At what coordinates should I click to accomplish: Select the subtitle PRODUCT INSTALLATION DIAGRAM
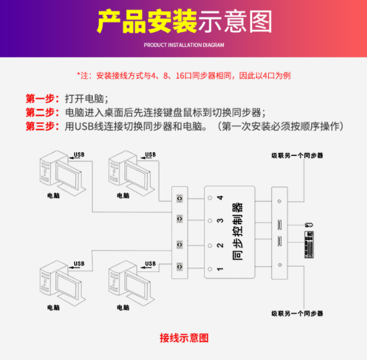pyautogui.click(x=184, y=45)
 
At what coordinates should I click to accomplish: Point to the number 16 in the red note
pyautogui.click(x=179, y=76)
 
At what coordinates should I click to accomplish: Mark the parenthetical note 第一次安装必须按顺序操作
pyautogui.click(x=280, y=126)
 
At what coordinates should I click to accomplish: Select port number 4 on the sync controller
pyautogui.click(x=219, y=198)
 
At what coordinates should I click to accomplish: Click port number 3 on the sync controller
pyautogui.click(x=219, y=221)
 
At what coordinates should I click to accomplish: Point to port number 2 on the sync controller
pyautogui.click(x=219, y=245)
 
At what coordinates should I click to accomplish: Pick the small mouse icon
pyautogui.click(x=309, y=224)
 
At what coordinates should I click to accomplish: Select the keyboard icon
pyautogui.click(x=309, y=245)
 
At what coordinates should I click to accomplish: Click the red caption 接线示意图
pyautogui.click(x=184, y=337)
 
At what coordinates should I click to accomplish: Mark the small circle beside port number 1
pyautogui.click(x=209, y=270)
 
